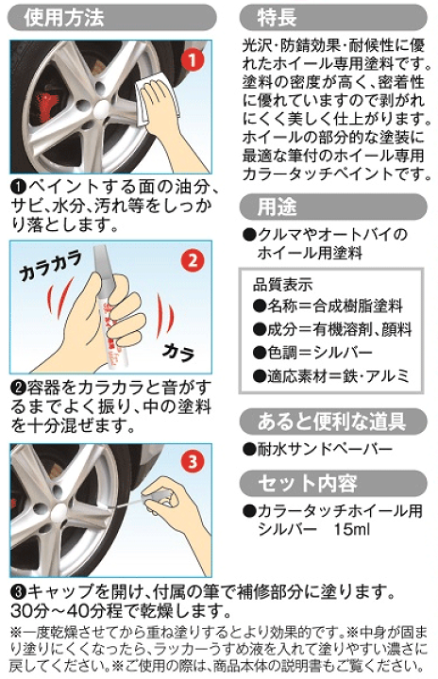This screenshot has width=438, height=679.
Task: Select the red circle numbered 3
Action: (192, 463)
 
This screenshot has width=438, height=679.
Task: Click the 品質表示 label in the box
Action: (283, 283)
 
